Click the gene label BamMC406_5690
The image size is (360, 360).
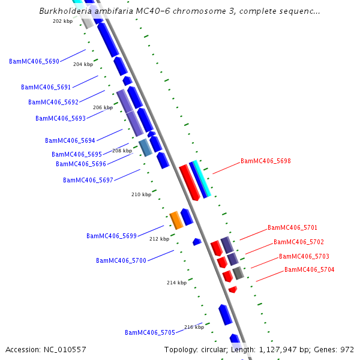34,61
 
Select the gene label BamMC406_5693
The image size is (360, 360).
60,118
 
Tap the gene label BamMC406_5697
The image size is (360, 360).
88,180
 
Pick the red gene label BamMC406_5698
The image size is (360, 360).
265,161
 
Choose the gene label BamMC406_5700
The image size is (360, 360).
121,260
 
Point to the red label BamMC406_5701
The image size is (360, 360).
292,227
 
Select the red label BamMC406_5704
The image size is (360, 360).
309,269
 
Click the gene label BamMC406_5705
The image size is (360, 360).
149,332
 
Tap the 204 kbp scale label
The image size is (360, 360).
83,64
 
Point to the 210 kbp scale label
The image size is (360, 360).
141,194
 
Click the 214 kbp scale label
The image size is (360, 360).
176,282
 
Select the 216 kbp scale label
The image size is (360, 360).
194,327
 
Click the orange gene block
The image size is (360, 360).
176,220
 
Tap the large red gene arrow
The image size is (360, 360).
189,182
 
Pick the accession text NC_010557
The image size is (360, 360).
64,349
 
